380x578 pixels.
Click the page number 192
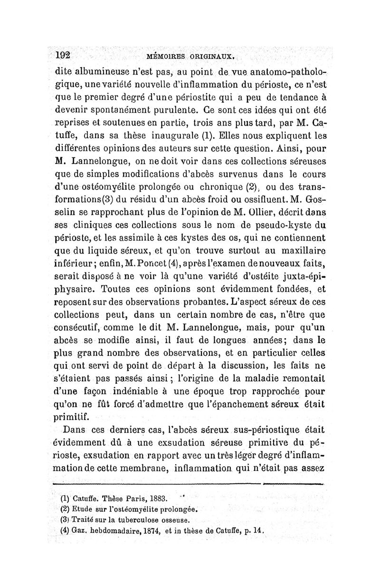pos(62,55)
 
